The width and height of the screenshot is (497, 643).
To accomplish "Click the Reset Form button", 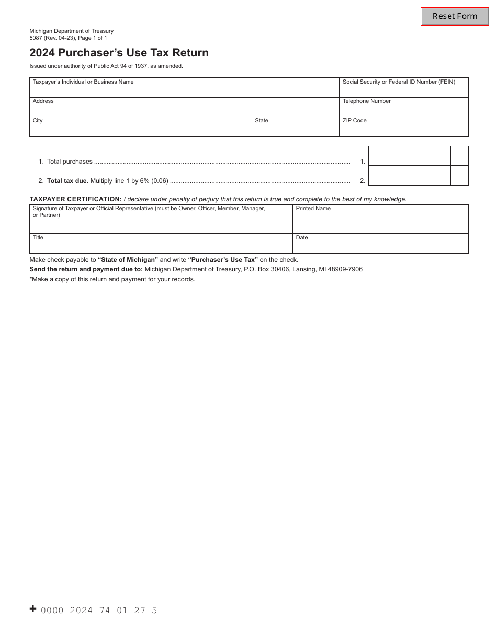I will tap(455, 16).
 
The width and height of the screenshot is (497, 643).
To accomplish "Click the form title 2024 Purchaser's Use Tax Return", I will tap(119, 53).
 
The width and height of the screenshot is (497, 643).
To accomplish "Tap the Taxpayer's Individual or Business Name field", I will tap(184, 90).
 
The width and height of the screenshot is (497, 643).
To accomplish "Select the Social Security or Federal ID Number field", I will tap(403, 90).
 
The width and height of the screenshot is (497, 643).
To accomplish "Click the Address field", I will tap(184, 109).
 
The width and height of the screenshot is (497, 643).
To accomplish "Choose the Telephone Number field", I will tap(403, 109).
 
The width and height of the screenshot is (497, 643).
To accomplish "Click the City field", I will tap(140, 129).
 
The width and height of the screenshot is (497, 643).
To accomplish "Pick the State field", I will tap(296, 129).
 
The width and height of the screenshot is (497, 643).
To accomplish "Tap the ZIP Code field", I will tap(403, 129).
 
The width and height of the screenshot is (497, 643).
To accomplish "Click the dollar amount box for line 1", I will tap(410, 156).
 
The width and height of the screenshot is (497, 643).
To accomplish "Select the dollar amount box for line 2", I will tap(410, 175).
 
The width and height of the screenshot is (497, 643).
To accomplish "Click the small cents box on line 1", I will tap(459, 156).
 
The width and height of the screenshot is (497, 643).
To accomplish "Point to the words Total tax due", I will tap(67, 181).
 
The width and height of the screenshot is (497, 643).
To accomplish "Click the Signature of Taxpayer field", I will tap(161, 222).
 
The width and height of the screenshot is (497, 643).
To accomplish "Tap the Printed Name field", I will tap(380, 222).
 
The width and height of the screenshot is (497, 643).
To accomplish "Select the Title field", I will tap(161, 246).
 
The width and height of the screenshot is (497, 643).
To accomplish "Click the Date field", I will tap(380, 246).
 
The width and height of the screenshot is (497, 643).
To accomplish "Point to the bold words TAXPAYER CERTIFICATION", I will tap(75, 199).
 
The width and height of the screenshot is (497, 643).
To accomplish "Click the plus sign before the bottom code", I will tap(33, 608).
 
